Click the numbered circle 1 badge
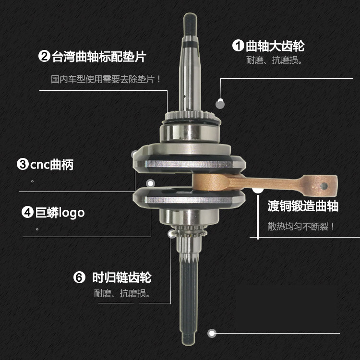pos(239,46)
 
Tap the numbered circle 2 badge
pos(44,57)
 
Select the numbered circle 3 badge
pos(23,165)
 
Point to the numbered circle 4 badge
pos(28,212)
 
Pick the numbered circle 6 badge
pos(79,277)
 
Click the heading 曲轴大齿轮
pos(275,46)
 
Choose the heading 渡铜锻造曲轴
pos(303,206)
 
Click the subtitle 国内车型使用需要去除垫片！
pos(106,79)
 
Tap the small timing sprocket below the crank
pos(190,235)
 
